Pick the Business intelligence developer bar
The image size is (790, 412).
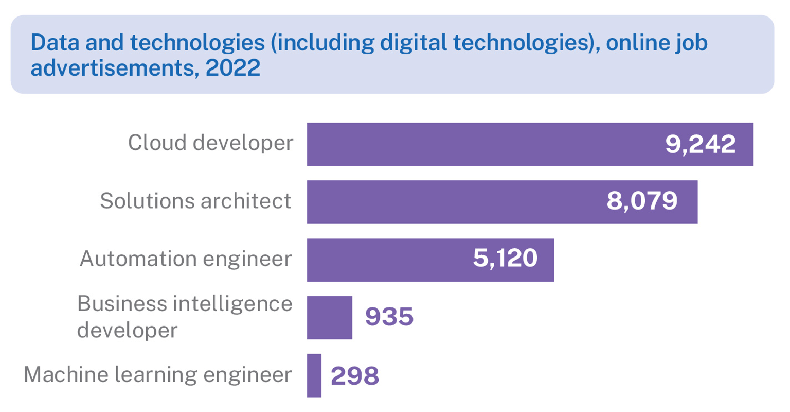tap(330, 318)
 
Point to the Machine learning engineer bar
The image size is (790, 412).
tap(314, 375)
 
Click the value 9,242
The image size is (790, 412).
tap(701, 144)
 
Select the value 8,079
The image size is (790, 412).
tap(642, 201)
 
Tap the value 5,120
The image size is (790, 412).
tap(505, 258)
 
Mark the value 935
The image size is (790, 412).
tap(389, 317)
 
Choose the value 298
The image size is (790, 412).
tap(355, 375)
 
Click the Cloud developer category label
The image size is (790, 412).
tap(210, 143)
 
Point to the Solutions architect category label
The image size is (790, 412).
tap(195, 201)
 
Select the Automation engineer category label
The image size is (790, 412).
tap(186, 259)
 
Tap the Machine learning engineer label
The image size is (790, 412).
tap(157, 374)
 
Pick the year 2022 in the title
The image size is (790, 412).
tap(233, 68)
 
